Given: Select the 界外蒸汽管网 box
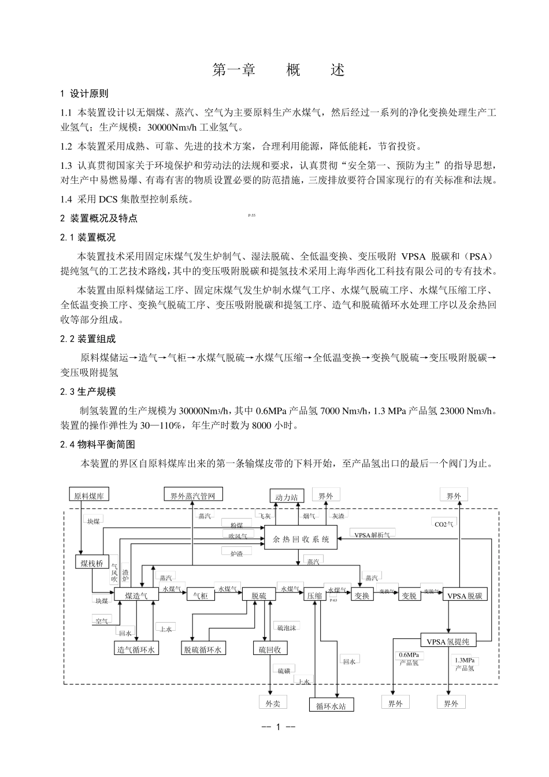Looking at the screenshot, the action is coord(192,495).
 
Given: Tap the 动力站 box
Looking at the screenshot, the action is coord(286,497).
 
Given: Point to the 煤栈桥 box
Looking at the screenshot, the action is coord(91,563).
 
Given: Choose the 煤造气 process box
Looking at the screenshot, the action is coord(136,595).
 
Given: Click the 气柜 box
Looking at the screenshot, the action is coord(200,595).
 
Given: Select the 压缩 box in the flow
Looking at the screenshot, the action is coord(314,595).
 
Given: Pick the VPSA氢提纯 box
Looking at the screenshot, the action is coord(451,641).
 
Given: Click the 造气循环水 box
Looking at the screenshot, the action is coord(136,649).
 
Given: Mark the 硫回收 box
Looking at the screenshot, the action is coord(269,649).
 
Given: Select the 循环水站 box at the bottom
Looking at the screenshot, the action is coord(331,706).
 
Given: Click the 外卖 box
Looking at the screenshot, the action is coord(273,702).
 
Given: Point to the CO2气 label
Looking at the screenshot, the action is coord(444,524).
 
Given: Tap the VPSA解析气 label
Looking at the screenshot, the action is coord(372,535).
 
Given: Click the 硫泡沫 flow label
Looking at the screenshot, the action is coord(286,627).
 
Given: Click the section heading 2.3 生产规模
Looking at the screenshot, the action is coord(88,392).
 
